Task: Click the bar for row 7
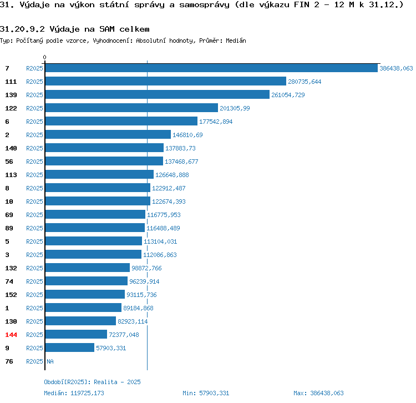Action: click(x=211, y=68)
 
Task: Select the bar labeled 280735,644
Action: click(x=166, y=81)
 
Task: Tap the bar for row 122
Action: click(x=131, y=108)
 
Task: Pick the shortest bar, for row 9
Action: click(x=70, y=347)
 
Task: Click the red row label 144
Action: click(x=11, y=335)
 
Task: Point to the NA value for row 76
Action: click(x=50, y=361)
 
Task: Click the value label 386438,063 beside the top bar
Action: click(x=396, y=68)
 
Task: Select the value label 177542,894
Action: click(x=216, y=122)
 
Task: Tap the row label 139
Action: click(x=11, y=95)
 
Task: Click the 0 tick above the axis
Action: click(x=44, y=57)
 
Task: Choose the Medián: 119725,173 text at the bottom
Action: click(x=74, y=393)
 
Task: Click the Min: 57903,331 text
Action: click(x=206, y=393)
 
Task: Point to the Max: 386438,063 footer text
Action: click(x=318, y=393)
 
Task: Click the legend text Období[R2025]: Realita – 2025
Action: click(x=92, y=382)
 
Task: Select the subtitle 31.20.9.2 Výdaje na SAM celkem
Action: click(x=74, y=29)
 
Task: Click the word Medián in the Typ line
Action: click(x=236, y=41)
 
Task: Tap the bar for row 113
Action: click(x=99, y=174)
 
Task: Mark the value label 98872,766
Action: click(x=146, y=268)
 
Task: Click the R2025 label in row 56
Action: click(x=34, y=162)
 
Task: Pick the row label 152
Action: click(x=11, y=295)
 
